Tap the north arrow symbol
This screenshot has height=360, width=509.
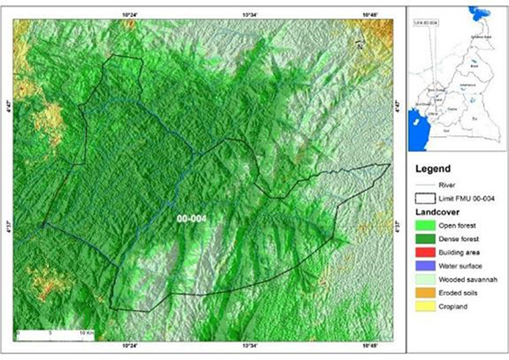click(360, 44)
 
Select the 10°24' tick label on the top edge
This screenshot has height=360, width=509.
click(130, 13)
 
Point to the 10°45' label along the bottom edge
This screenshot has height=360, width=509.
click(370, 346)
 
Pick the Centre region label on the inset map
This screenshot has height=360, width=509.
click(452, 109)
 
